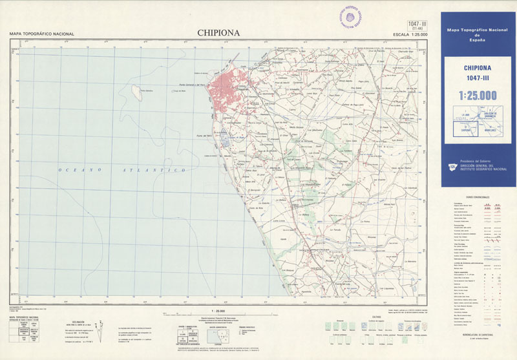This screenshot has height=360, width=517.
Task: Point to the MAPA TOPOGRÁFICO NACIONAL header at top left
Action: tap(41, 34)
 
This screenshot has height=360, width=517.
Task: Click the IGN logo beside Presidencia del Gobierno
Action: tap(452, 167)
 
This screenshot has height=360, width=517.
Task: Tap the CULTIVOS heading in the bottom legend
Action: tap(376, 317)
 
